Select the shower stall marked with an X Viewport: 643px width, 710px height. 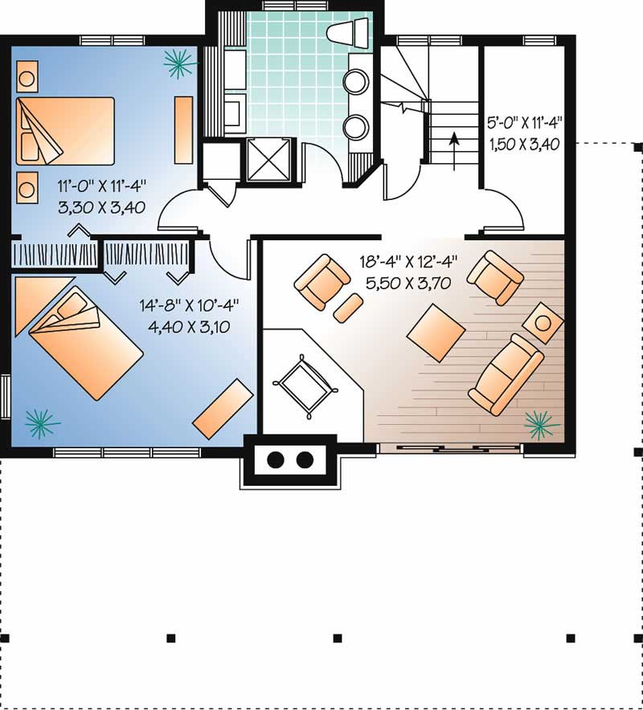coord(268,160)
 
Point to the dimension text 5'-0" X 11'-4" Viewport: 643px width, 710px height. coord(525,122)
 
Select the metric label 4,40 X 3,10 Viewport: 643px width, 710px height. coord(189,326)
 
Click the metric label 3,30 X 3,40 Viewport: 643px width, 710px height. coord(102,207)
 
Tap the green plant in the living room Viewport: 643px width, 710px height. coord(542,426)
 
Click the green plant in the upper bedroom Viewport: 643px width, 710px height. coord(179,63)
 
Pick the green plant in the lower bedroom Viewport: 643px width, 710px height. coord(41,423)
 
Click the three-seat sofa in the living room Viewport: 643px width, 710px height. coord(506,374)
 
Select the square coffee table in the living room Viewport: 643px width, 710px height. coord(436,333)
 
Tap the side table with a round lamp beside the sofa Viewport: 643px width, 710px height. coord(543,323)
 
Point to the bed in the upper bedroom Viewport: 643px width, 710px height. coord(65,131)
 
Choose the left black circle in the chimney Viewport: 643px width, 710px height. coord(276,460)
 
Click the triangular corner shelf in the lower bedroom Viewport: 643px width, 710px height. coord(36,299)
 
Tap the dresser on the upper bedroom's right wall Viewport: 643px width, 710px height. coord(183,129)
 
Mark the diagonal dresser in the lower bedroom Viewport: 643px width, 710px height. coord(223,409)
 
